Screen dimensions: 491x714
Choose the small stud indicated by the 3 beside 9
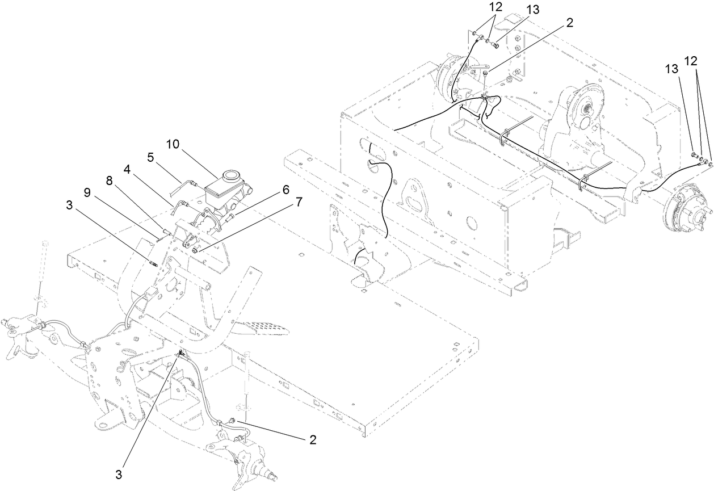[x=153, y=263]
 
